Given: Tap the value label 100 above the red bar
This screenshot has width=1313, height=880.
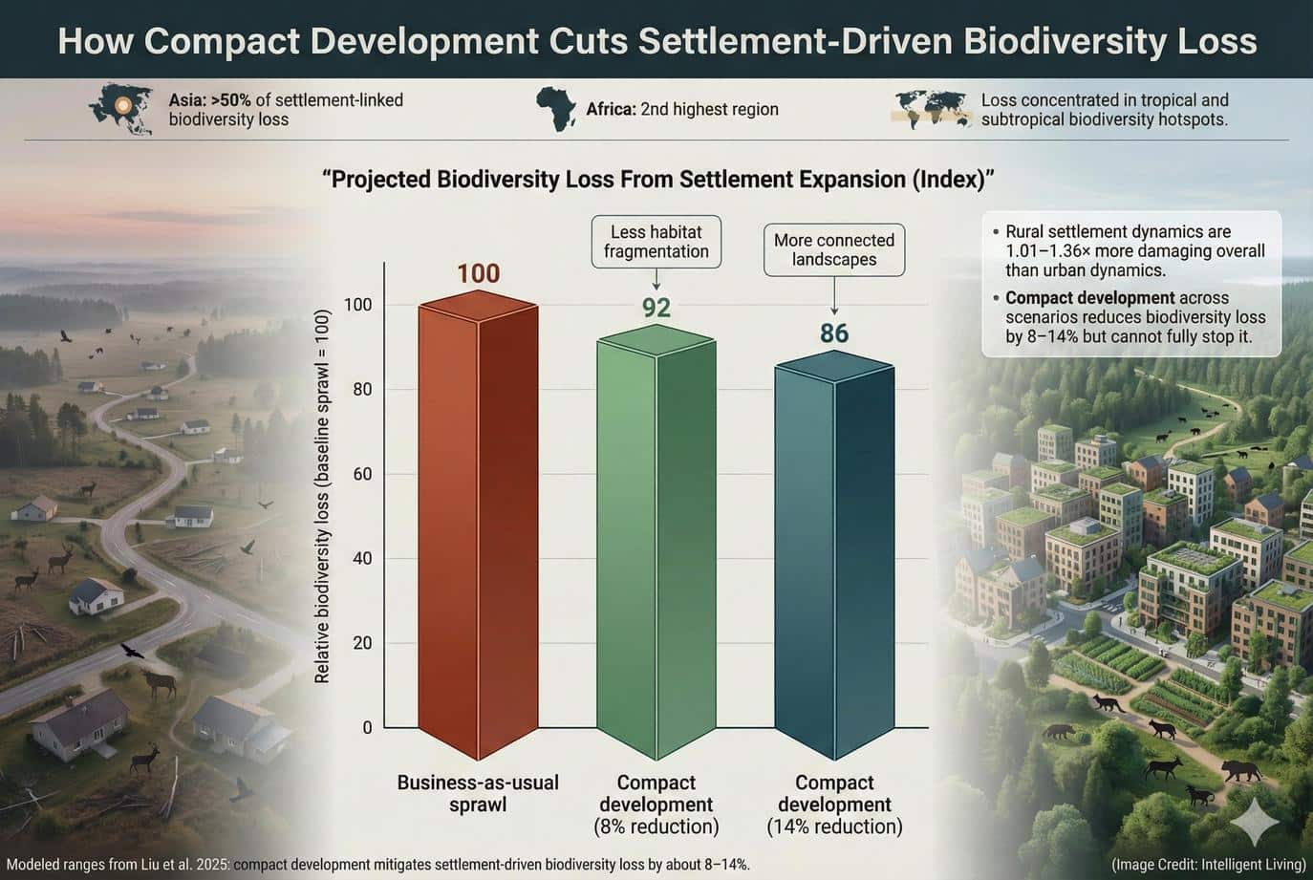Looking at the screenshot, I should coord(478,273).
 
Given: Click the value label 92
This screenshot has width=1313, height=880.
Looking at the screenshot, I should coord(656,308).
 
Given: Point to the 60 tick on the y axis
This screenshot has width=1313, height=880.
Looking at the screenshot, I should coord(361,474).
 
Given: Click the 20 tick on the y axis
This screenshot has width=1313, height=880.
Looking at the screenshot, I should coord(361,643).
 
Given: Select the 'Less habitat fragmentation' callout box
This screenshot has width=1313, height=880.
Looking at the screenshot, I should coord(656,242).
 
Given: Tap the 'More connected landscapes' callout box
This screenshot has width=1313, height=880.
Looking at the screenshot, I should coord(834,250).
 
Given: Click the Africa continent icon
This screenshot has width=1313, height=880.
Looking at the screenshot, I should coord(555,109).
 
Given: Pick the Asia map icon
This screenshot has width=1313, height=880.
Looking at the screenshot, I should coord(120,109).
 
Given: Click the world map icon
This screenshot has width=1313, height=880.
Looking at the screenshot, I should coord(930,109).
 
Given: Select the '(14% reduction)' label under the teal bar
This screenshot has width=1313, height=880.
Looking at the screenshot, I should coord(834,826).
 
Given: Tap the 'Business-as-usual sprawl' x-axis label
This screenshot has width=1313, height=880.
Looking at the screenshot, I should coord(478,793).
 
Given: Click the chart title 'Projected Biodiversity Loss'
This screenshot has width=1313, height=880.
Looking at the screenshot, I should coord(658,180).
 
